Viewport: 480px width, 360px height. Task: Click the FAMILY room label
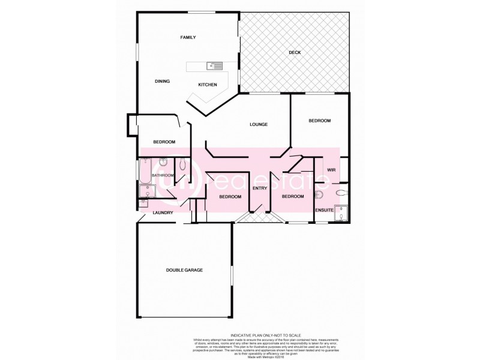pos(188,38)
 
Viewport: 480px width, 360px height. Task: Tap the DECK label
pos(294,53)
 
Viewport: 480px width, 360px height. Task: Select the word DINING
pos(162,81)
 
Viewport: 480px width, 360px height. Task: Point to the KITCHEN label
pos(208,85)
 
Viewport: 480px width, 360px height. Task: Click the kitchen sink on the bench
pos(214,65)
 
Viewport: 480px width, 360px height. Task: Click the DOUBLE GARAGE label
pos(184,271)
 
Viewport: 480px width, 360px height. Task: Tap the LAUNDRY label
pos(163,213)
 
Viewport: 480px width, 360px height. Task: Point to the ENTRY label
pos(259,189)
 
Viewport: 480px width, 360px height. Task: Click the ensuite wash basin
pos(318,195)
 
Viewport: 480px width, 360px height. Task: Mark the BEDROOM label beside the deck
pos(319,121)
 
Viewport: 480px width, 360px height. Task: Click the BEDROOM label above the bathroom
pos(164,142)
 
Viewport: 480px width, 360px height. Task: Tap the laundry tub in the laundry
pos(146,192)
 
